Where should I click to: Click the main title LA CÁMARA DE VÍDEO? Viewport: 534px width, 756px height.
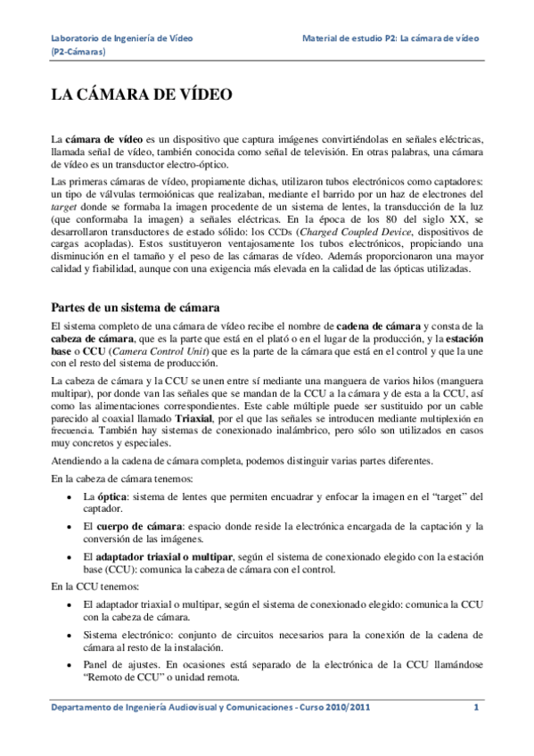(x=142, y=94)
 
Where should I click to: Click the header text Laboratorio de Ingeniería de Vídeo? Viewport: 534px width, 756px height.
(x=122, y=40)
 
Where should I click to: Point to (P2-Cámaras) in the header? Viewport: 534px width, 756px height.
(x=80, y=53)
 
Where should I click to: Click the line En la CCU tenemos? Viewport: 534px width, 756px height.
(x=94, y=588)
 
